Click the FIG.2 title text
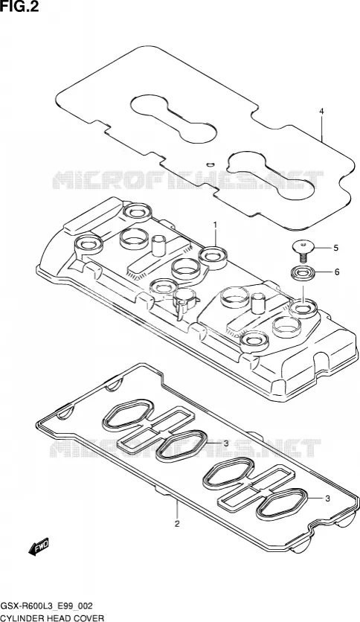20,7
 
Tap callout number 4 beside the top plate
321,112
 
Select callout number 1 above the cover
215,225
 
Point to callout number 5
335,248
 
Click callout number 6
337,272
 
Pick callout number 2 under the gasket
177,524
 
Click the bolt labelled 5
303,251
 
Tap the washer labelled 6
303,273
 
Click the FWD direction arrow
39,546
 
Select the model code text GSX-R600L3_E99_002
47,606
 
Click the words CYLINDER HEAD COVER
52,618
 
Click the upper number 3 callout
225,443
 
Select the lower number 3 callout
327,499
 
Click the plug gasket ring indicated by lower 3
281,503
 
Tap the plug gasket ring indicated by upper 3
181,446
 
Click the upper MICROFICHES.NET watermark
187,179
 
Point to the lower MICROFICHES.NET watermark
184,448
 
